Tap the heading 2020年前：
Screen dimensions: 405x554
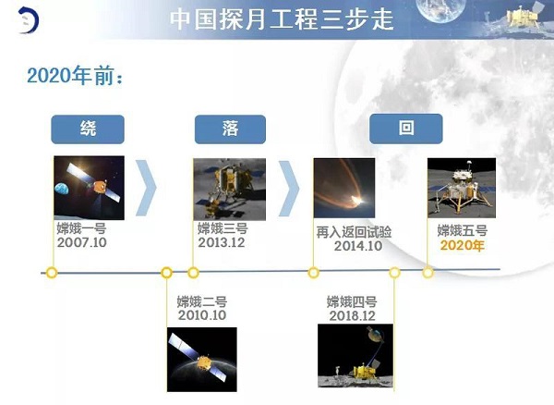click(75, 76)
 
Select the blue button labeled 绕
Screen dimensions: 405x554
click(87, 129)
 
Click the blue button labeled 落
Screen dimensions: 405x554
click(230, 129)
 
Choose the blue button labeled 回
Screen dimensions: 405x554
click(405, 129)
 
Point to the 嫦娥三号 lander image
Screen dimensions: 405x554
click(229, 188)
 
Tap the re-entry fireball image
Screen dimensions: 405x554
click(343, 188)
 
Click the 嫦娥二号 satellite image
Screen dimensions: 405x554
click(201, 359)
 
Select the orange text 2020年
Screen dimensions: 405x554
click(462, 245)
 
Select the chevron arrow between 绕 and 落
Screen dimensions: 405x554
click(146, 188)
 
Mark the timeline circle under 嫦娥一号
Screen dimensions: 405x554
click(52, 273)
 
